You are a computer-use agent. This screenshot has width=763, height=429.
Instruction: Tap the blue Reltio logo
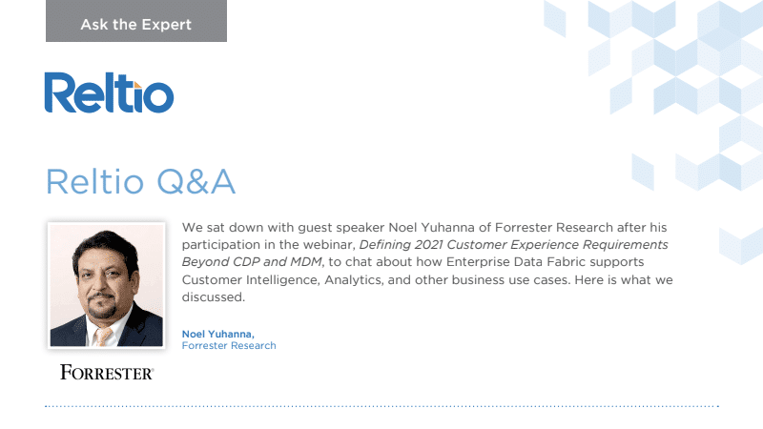(109, 93)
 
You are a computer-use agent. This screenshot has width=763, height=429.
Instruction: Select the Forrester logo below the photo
(107, 372)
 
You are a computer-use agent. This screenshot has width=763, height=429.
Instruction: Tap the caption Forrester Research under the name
(229, 346)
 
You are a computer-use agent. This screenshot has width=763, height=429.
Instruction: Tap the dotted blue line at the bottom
(381, 406)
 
